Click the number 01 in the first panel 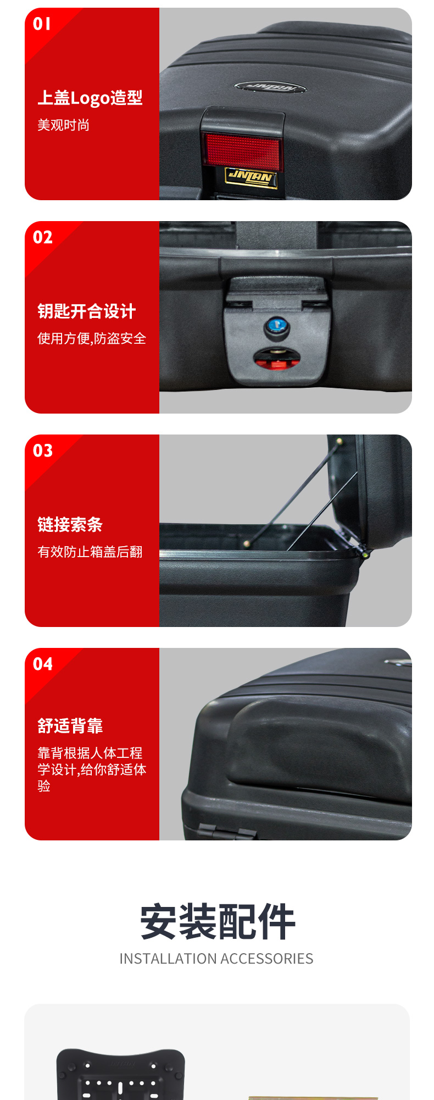click(x=42, y=24)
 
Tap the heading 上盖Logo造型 click(x=90, y=98)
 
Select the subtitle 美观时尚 click(x=63, y=125)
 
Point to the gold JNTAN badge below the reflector click(x=251, y=177)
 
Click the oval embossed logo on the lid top click(x=270, y=87)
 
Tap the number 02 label click(x=43, y=237)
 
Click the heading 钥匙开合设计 click(x=86, y=311)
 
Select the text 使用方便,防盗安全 click(x=92, y=338)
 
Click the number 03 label click(x=43, y=450)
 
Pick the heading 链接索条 click(x=70, y=525)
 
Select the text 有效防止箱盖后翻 click(x=90, y=552)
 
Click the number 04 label click(x=43, y=664)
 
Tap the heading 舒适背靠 click(x=70, y=726)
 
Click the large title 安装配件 click(x=218, y=922)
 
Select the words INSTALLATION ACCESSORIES click(x=216, y=959)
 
